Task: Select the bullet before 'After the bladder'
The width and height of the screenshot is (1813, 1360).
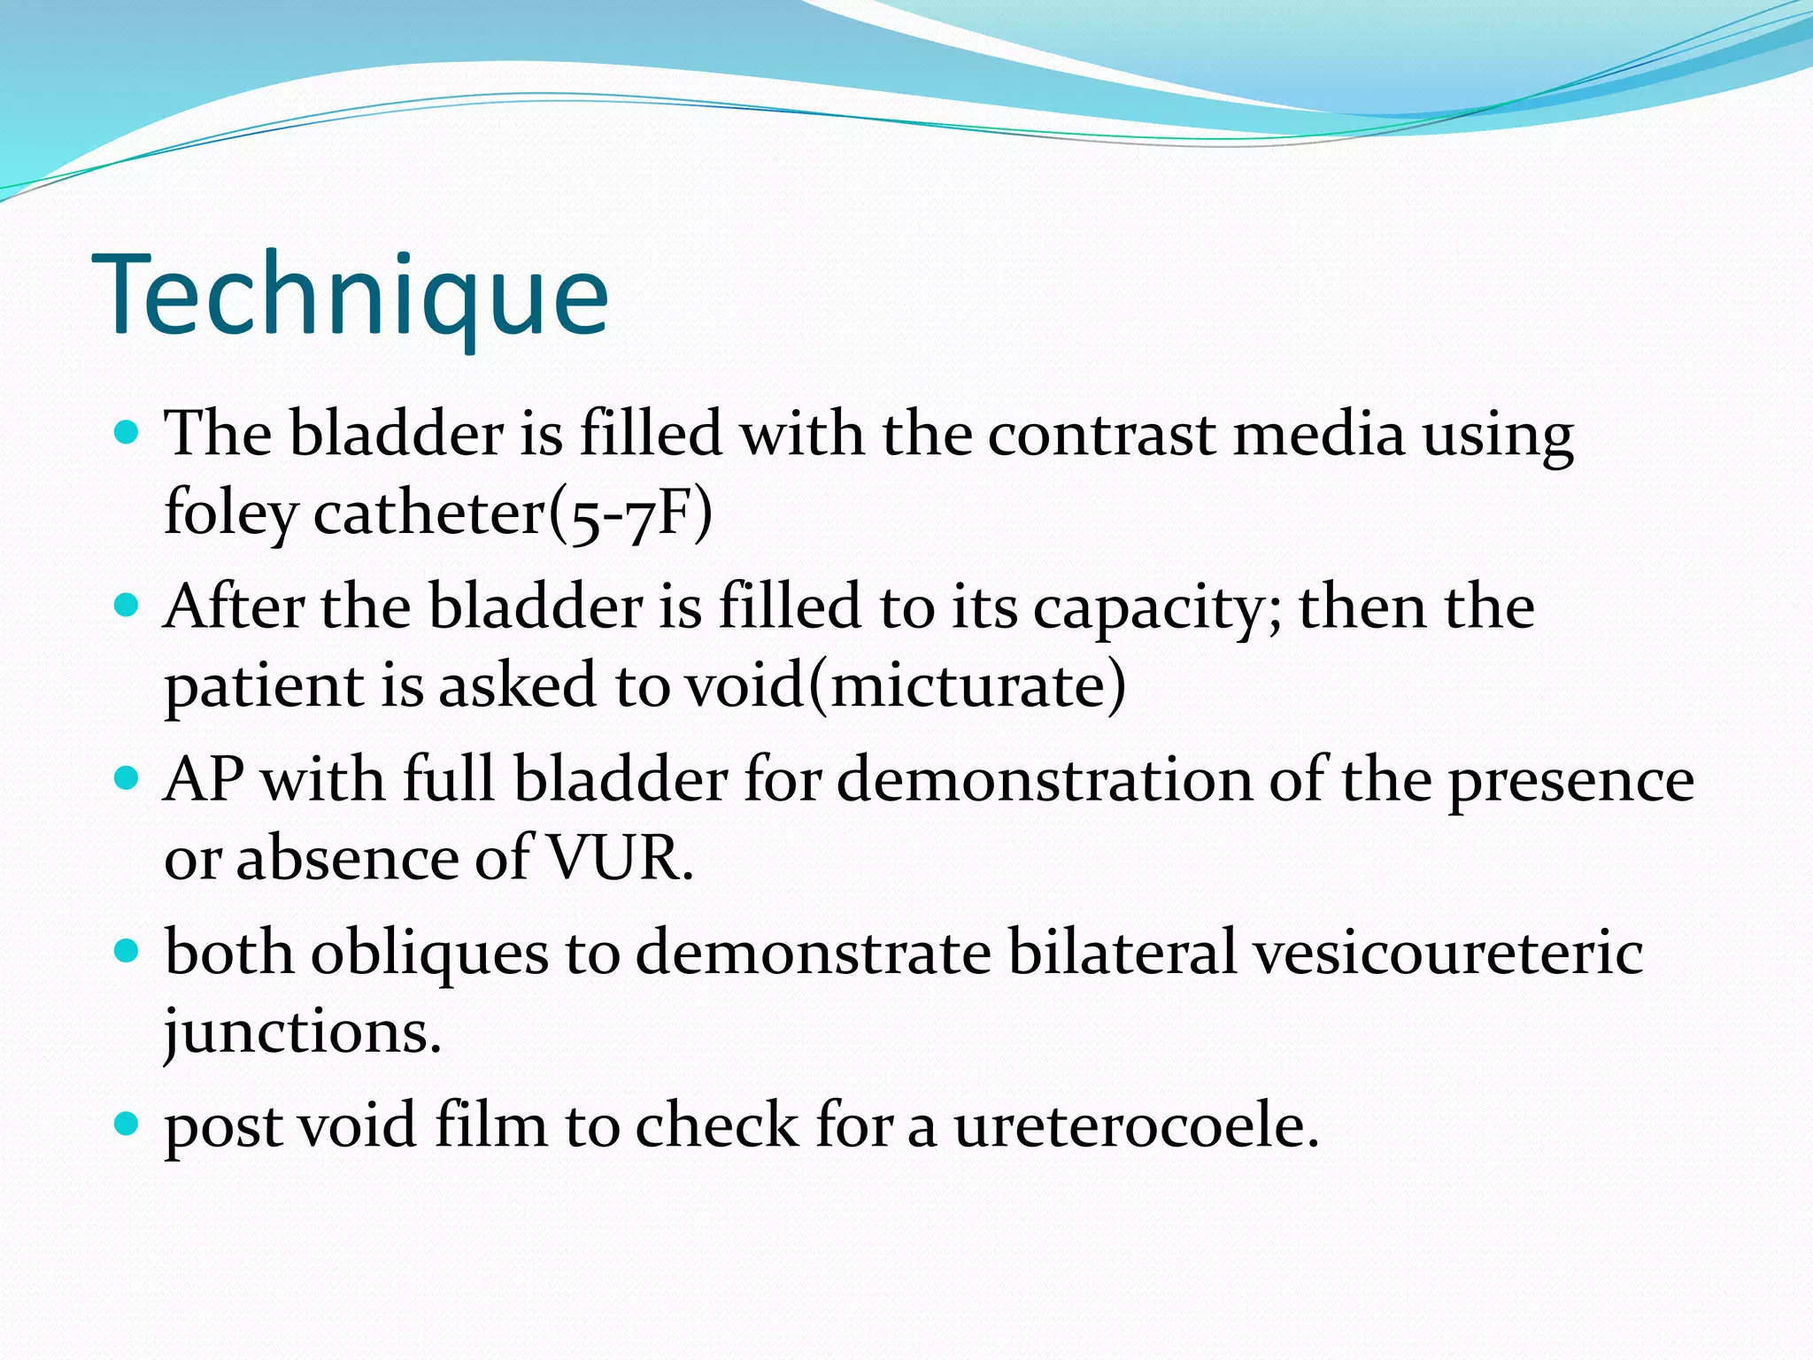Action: (128, 606)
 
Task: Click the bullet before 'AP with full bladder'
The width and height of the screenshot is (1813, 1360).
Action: (128, 778)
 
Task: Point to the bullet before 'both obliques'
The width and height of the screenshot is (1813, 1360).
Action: (128, 952)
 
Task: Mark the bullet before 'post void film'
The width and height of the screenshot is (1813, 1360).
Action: (128, 1124)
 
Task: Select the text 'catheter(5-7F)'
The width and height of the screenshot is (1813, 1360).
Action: (513, 514)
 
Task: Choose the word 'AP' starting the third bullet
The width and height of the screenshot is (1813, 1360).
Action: (204, 780)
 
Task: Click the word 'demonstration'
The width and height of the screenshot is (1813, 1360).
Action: (1044, 780)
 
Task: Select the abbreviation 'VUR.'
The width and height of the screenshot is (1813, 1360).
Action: (620, 858)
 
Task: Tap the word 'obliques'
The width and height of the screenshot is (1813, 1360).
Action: (429, 954)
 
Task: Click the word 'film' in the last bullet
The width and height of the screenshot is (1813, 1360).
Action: (490, 1125)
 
